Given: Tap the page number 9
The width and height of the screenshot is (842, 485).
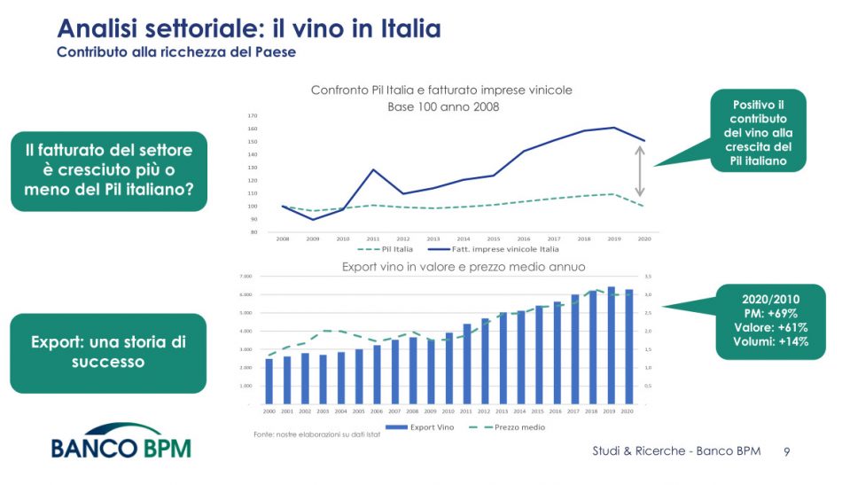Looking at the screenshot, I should pos(787,452).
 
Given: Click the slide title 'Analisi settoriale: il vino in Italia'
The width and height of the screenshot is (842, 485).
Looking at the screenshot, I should pos(248,28).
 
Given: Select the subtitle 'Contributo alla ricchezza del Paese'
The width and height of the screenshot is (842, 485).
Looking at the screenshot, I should pos(176,52).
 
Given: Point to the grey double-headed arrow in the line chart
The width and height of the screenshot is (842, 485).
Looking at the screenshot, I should pos(640,170).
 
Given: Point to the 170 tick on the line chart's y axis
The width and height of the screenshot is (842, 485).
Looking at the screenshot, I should pos(253,115).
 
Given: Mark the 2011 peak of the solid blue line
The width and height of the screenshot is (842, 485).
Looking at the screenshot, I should pos(373,169).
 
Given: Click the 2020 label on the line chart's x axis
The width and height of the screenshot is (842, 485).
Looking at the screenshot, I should pos(644,239).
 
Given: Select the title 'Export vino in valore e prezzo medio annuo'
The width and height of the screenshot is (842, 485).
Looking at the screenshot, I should pos(464,266).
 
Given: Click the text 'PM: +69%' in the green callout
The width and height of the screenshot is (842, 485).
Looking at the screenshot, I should pos(769,313).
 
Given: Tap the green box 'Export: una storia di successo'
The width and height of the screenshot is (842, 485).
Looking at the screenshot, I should pos(108,352).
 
